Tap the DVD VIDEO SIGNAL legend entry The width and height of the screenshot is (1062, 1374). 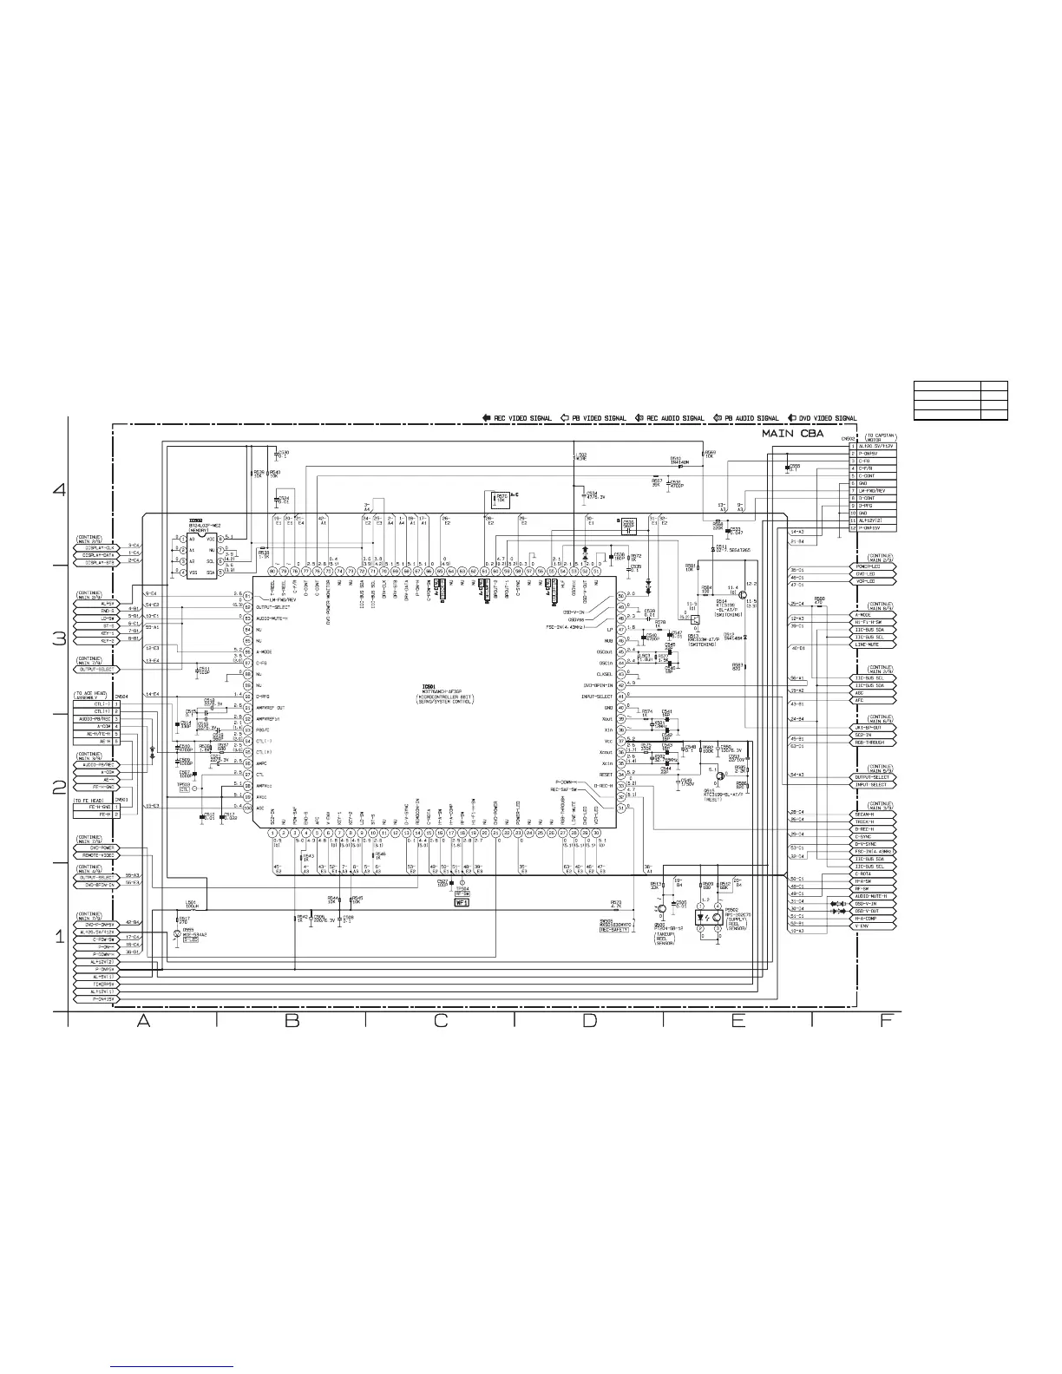pos(823,418)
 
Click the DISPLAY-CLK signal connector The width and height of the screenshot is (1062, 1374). pos(100,546)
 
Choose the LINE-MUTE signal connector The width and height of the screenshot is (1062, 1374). pos(873,644)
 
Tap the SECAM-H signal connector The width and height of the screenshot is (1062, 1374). pos(873,815)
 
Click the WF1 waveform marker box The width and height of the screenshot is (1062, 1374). pos(462,902)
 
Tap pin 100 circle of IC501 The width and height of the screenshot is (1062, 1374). pos(247,808)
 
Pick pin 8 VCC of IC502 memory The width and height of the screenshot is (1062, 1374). pos(222,540)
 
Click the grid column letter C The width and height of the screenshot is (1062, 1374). pos(440,1022)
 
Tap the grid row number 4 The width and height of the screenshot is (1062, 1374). pos(60,490)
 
